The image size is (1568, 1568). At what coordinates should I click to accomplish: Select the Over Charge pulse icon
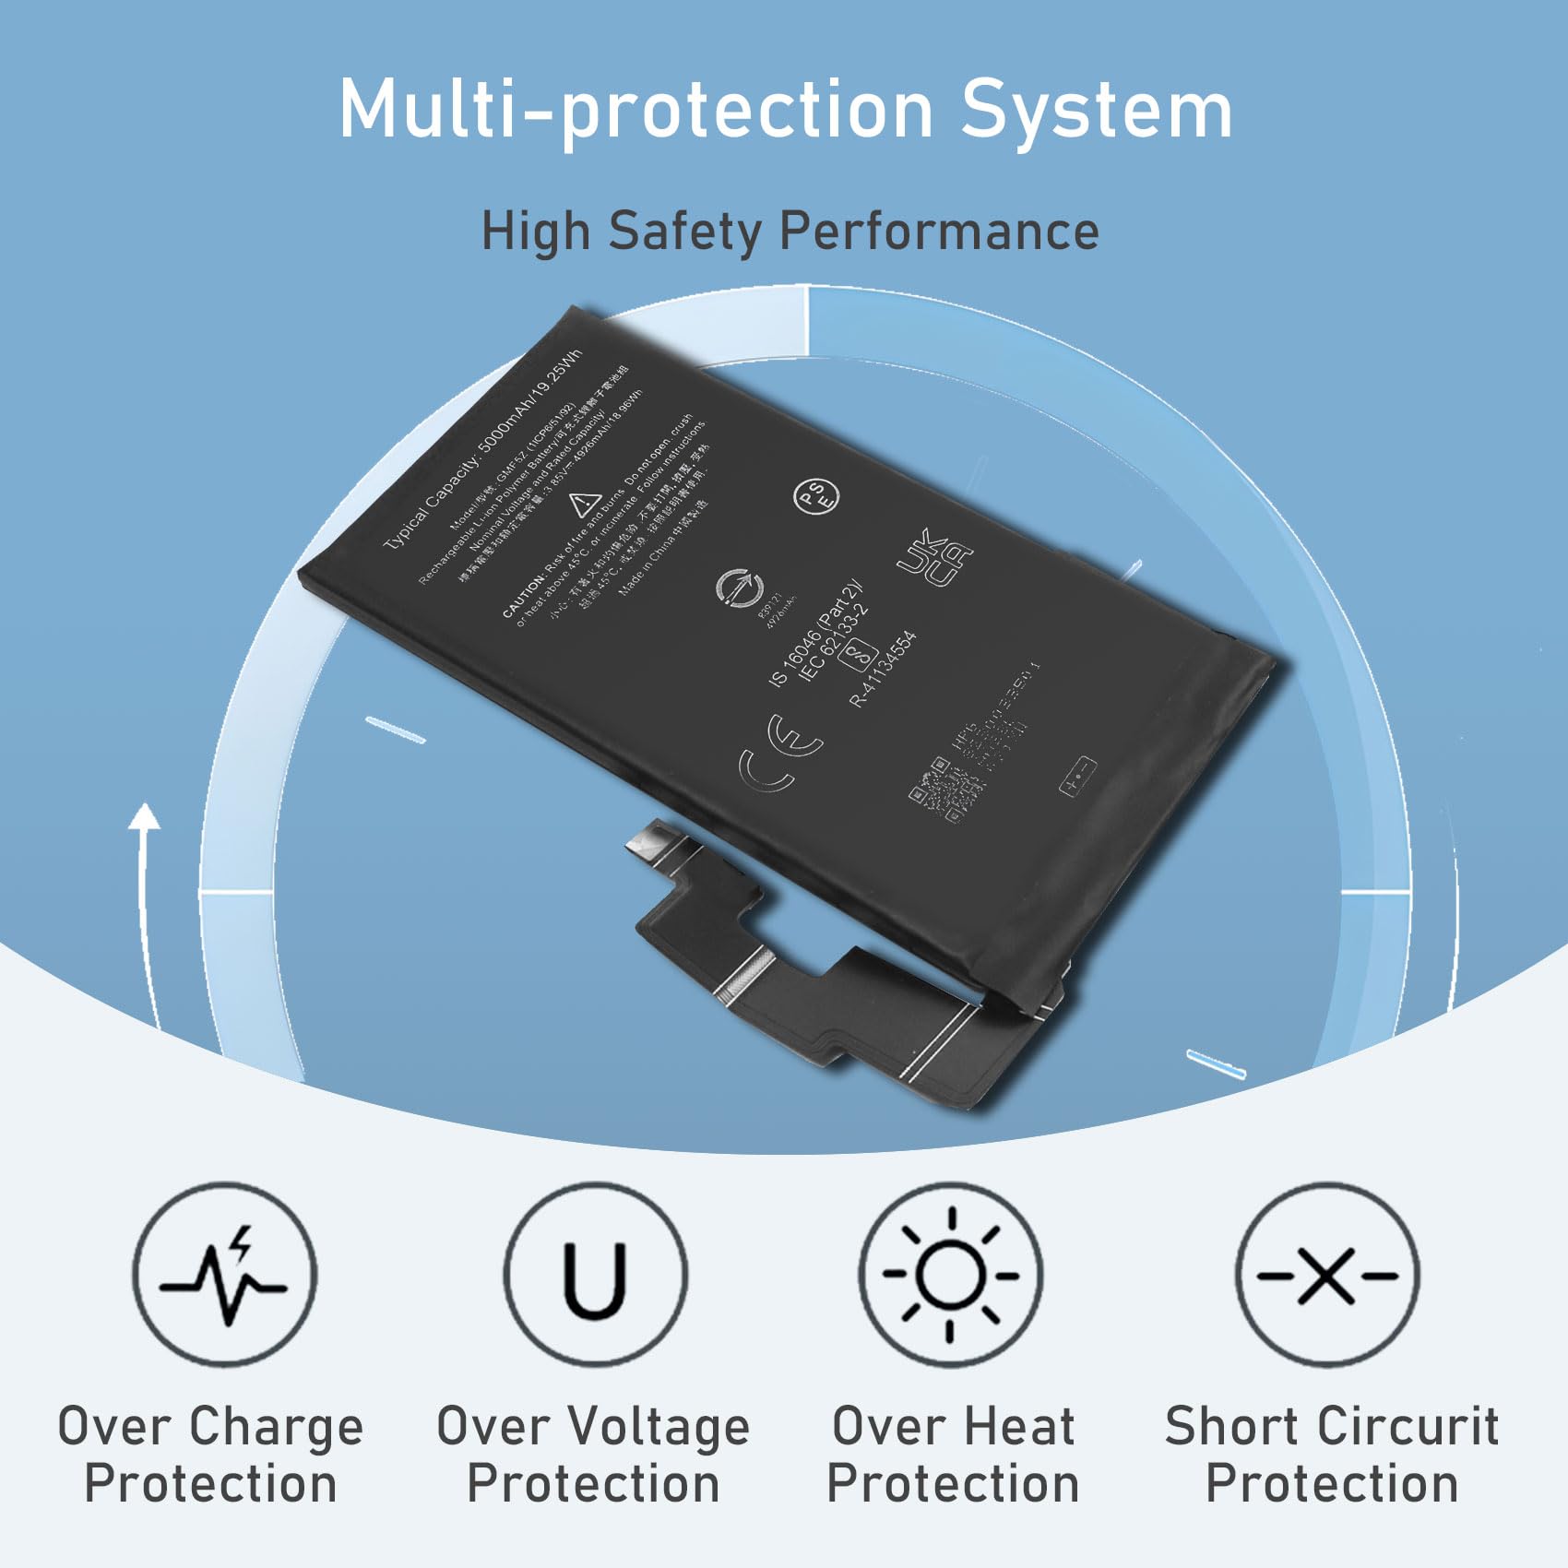click(224, 1275)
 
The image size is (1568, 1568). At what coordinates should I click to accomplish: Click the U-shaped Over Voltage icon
click(595, 1275)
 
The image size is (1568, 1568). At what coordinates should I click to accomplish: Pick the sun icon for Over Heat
click(951, 1275)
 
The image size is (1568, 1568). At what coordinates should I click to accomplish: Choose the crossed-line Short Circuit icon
click(1327, 1275)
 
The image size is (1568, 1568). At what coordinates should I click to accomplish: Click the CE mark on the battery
click(780, 752)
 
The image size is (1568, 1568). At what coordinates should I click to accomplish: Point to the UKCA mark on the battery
click(934, 558)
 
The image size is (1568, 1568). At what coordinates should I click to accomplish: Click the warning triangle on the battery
click(584, 505)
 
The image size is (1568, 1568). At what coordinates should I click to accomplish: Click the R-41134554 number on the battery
click(883, 669)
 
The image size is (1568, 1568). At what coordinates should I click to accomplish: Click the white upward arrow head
click(144, 816)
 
